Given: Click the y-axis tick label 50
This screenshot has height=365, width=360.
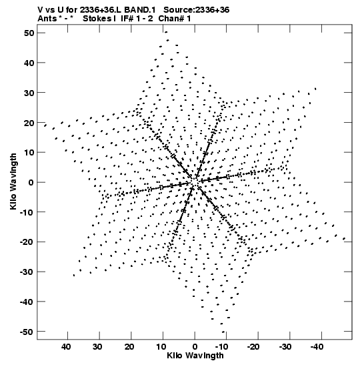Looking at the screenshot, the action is click(x=29, y=33).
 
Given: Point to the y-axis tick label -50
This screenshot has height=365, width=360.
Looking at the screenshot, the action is click(x=27, y=332).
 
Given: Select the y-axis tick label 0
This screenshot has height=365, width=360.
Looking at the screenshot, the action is click(x=31, y=182).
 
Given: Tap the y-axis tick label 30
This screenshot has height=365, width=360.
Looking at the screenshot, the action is click(x=29, y=93).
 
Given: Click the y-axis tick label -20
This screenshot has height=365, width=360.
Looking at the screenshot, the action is click(x=27, y=242).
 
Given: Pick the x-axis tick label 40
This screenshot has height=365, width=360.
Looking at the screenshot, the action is click(x=66, y=347).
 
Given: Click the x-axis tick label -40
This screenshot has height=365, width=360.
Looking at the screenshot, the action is click(x=317, y=347).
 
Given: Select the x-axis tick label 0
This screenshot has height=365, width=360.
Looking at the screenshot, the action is click(x=195, y=347).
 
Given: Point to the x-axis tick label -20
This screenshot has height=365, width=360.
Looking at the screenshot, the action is click(x=253, y=347).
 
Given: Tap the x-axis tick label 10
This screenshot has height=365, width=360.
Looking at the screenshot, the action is click(x=161, y=347).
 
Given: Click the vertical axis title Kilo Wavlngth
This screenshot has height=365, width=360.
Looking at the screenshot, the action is click(x=13, y=181).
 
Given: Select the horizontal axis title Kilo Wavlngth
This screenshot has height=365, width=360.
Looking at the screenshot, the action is click(x=195, y=356).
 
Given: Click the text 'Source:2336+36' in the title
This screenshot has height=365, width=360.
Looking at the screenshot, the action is click(x=196, y=10).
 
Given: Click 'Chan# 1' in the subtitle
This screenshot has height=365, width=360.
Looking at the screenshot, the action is click(x=175, y=19).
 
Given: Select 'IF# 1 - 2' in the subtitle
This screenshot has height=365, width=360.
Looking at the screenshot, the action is click(x=137, y=19).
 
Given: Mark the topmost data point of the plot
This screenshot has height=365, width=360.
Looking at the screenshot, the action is click(x=166, y=32).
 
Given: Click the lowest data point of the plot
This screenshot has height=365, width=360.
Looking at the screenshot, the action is click(x=223, y=332).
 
